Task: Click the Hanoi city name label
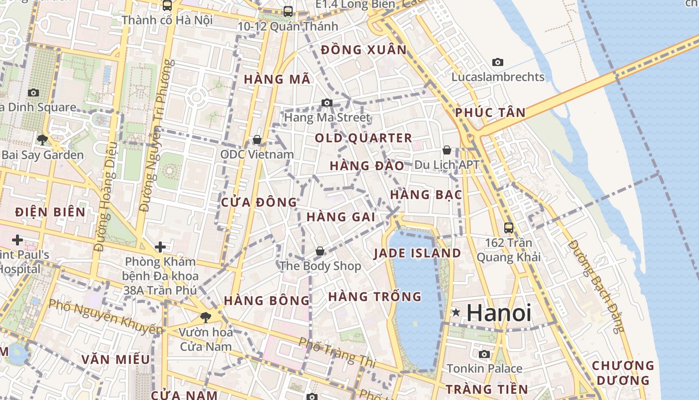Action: click(x=499, y=313)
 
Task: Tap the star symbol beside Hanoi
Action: click(x=456, y=312)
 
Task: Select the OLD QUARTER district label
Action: click(x=363, y=138)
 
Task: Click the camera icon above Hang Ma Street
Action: click(x=327, y=102)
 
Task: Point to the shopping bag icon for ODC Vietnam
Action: click(x=257, y=139)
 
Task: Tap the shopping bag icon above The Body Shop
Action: click(x=320, y=251)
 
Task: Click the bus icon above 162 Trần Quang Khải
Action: click(x=509, y=228)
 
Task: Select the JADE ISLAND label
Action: click(x=417, y=253)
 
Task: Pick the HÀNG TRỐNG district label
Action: click(x=375, y=296)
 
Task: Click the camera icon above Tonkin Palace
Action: click(x=484, y=354)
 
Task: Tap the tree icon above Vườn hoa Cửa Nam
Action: click(x=205, y=316)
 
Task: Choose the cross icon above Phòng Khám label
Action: click(x=160, y=246)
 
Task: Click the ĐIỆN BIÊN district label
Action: click(x=50, y=212)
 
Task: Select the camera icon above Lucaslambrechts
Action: click(x=497, y=62)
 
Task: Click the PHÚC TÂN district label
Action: click(x=490, y=112)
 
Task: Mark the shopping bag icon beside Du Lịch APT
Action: click(x=446, y=150)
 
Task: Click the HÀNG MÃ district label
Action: click(x=277, y=79)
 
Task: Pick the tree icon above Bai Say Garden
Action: click(x=42, y=139)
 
